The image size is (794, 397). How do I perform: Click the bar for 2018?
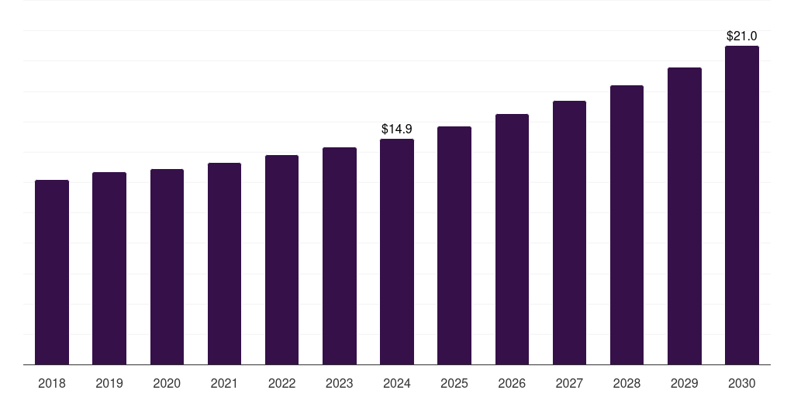click(x=52, y=272)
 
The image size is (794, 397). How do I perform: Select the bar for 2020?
click(x=167, y=267)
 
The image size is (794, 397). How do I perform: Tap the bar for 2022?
click(x=281, y=260)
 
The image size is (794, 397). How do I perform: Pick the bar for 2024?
click(x=397, y=252)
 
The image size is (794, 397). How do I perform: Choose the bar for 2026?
click(x=512, y=240)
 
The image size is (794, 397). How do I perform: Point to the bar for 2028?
click(x=627, y=225)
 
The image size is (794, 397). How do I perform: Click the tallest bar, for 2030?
click(x=741, y=205)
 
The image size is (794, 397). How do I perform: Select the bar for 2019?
click(x=109, y=268)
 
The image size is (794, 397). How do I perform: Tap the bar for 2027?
click(x=569, y=233)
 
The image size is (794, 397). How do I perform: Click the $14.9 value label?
click(x=397, y=129)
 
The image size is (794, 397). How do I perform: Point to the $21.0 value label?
click(x=741, y=36)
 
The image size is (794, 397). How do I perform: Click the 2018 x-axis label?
click(x=52, y=383)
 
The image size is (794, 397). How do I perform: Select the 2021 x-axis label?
click(x=224, y=383)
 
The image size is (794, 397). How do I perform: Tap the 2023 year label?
click(x=339, y=383)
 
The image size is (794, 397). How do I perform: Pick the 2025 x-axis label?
click(x=454, y=383)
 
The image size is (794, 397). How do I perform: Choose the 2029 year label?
click(x=684, y=383)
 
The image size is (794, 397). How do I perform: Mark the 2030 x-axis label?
click(x=741, y=383)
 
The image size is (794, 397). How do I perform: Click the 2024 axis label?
click(x=397, y=383)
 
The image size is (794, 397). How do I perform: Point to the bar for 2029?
click(x=684, y=216)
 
